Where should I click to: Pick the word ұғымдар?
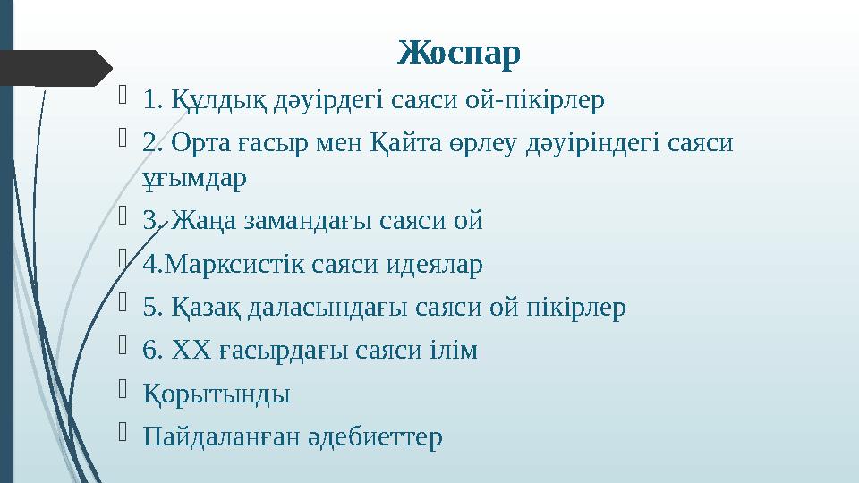pos(195,177)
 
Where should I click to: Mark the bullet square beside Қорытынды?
pos(124,392)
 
